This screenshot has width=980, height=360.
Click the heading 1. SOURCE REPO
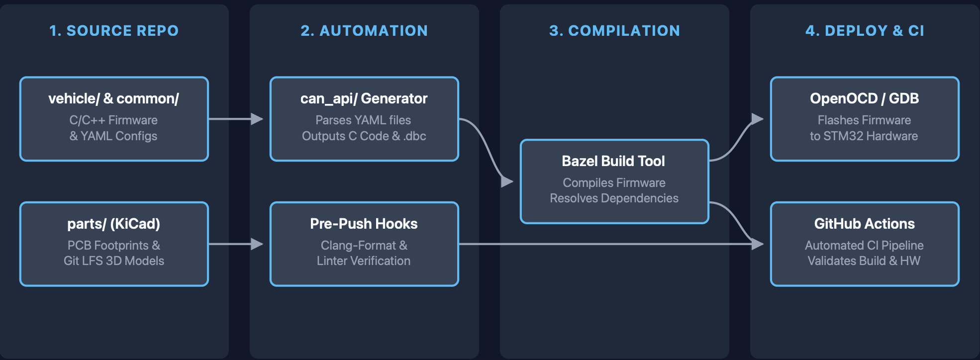(114, 31)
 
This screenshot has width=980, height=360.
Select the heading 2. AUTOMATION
(364, 31)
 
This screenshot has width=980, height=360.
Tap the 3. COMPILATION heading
(614, 31)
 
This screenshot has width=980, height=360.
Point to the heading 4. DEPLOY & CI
(865, 31)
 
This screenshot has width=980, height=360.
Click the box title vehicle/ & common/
(114, 98)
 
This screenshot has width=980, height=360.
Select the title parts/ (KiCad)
(114, 224)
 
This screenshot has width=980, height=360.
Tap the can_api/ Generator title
(364, 98)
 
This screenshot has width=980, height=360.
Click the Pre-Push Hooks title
(364, 224)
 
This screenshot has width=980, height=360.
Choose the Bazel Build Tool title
(613, 161)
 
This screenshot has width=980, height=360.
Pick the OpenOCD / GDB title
(865, 98)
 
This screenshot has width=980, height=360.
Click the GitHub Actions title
(865, 224)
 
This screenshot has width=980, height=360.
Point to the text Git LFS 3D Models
(114, 261)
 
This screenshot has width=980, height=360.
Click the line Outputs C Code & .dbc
(364, 136)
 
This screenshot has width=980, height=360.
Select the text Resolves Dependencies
(614, 198)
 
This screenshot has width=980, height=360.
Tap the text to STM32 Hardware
(864, 136)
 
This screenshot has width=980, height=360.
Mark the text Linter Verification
(364, 261)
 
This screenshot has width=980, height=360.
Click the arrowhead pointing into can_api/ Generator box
(258, 119)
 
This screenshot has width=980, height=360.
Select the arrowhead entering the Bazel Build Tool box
(507, 181)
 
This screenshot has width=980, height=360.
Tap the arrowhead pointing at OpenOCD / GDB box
(758, 119)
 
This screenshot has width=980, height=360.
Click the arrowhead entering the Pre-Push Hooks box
(258, 244)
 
